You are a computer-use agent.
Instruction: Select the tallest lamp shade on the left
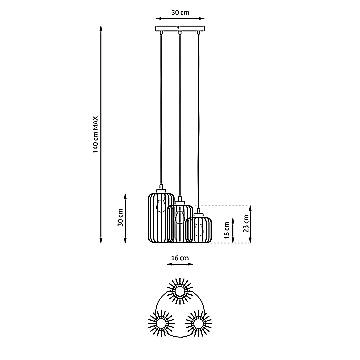click(160, 217)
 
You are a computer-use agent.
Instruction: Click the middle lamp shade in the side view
click(181, 223)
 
